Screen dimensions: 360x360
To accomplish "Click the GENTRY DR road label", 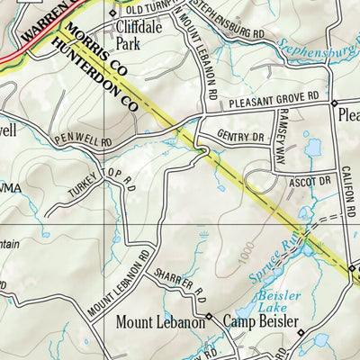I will coord(238,136).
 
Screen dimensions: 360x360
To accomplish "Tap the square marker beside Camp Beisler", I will coord(209,317).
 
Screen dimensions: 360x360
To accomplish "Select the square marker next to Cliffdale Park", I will coord(112,13).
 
